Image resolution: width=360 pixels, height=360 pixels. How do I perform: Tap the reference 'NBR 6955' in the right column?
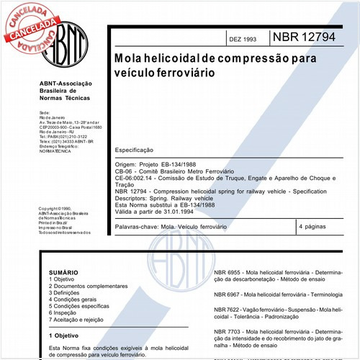pos(228,274)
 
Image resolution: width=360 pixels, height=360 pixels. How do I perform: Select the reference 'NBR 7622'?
pos(228,308)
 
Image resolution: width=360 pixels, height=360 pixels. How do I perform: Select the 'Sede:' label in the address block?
pos(44,112)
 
